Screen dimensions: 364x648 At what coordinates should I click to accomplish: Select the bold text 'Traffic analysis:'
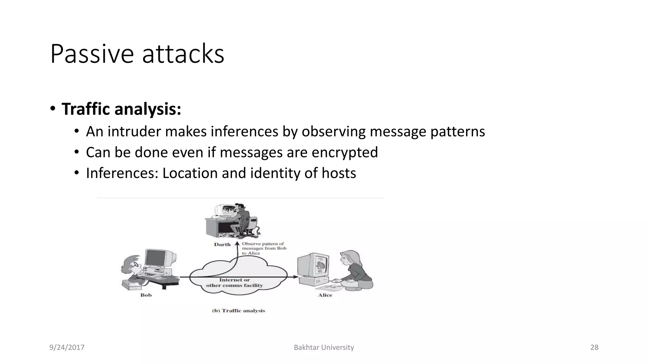tap(121, 109)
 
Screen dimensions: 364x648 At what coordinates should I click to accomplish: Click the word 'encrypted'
tap(345, 152)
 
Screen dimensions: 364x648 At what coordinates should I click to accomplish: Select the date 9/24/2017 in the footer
tap(67, 347)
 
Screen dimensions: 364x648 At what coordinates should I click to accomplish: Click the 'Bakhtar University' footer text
tap(324, 347)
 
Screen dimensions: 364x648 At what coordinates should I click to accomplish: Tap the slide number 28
tap(594, 347)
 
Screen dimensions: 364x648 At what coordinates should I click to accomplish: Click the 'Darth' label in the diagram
tap(222, 244)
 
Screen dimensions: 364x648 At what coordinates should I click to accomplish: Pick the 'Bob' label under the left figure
tap(146, 295)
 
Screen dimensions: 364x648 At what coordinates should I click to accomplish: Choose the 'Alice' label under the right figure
tap(325, 295)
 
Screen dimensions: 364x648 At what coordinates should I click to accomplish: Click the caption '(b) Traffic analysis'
tap(238, 311)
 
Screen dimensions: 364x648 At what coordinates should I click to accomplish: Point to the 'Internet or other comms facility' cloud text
tap(234, 282)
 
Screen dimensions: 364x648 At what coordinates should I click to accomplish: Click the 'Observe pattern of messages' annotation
tap(264, 248)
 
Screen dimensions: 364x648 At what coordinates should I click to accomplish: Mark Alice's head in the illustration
tap(350, 258)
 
